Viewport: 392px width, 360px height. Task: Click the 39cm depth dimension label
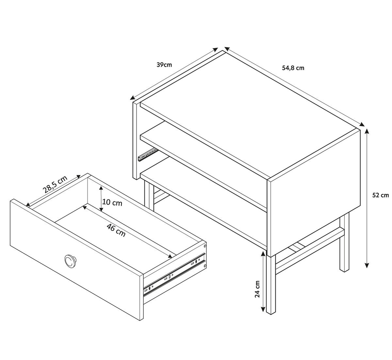tap(164, 64)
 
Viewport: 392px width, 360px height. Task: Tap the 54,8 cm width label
tap(293, 68)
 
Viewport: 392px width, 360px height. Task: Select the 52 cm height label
tap(381, 195)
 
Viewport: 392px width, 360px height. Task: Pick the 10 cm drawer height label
tap(112, 202)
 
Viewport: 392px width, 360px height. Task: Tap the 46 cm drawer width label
tap(116, 231)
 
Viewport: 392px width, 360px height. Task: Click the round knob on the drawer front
tap(70, 261)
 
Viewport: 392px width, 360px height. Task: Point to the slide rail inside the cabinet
tap(147, 154)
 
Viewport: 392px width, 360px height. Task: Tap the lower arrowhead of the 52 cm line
tap(367, 265)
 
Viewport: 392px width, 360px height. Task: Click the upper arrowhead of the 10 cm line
tap(101, 188)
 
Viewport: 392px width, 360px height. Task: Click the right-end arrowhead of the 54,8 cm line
tap(362, 125)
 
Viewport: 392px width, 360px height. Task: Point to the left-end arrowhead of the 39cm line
tap(133, 98)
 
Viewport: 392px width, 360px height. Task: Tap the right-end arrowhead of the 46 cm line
tap(170, 256)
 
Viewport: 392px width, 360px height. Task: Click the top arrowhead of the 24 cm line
tap(263, 253)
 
